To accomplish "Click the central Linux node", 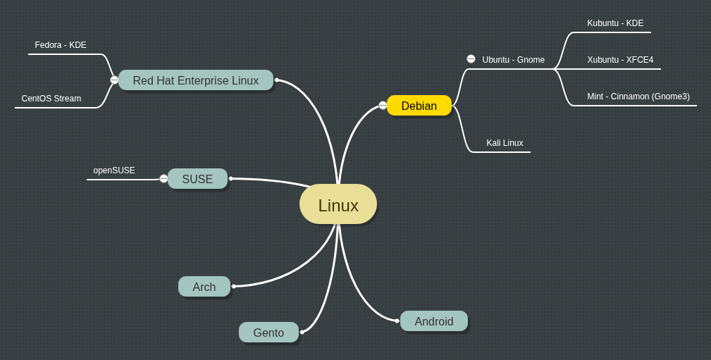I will click(x=338, y=205).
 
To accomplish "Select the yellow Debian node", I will click(x=419, y=106).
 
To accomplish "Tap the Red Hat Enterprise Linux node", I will click(x=195, y=80).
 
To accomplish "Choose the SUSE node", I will click(x=197, y=179).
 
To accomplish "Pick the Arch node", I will click(x=204, y=287).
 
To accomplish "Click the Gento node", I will click(x=268, y=333).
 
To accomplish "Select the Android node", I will click(x=434, y=321).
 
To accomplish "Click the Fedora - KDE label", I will click(x=61, y=45).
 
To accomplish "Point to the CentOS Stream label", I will click(x=51, y=99).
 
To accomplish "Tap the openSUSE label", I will click(x=114, y=170).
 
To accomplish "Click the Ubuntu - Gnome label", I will click(x=513, y=60).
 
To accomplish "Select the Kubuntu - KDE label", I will click(x=615, y=23).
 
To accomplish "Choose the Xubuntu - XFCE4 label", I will click(x=620, y=60).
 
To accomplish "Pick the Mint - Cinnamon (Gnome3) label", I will click(x=638, y=97).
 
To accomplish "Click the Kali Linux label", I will click(x=505, y=143).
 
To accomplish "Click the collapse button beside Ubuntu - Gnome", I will click(x=471, y=59).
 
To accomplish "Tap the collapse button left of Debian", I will click(x=383, y=106).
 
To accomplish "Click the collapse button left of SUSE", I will click(x=163, y=179).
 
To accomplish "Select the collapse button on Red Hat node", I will click(x=114, y=80).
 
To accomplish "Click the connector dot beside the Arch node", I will click(x=234, y=286).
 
